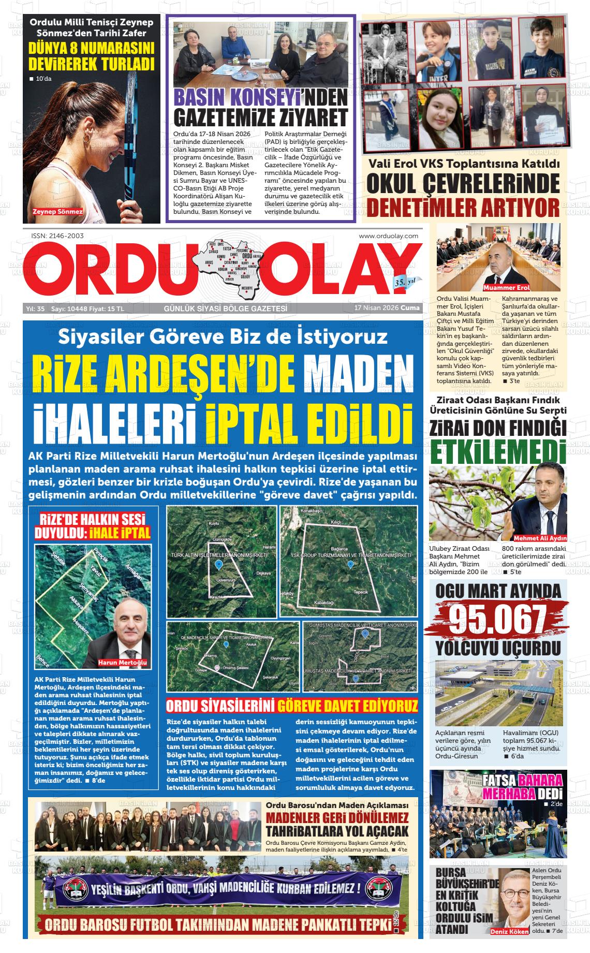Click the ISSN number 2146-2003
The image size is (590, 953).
[57, 236]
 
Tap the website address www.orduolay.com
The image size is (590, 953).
[388, 236]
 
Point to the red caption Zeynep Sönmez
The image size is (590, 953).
[57, 212]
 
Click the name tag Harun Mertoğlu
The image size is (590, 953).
[123, 663]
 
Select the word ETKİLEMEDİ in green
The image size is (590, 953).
[497, 451]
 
